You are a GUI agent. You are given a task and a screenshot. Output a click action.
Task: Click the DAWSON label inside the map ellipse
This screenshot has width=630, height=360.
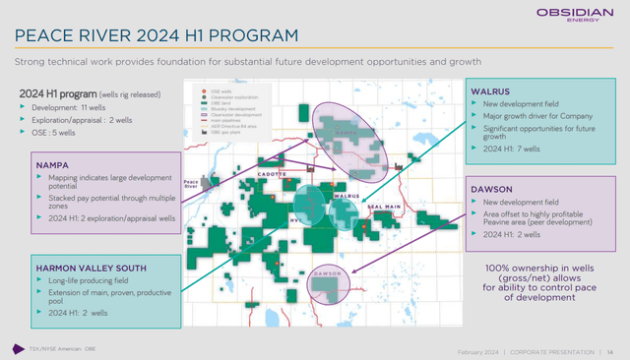[327, 272]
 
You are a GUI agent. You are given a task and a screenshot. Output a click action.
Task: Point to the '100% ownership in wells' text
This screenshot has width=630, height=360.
[537, 268]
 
